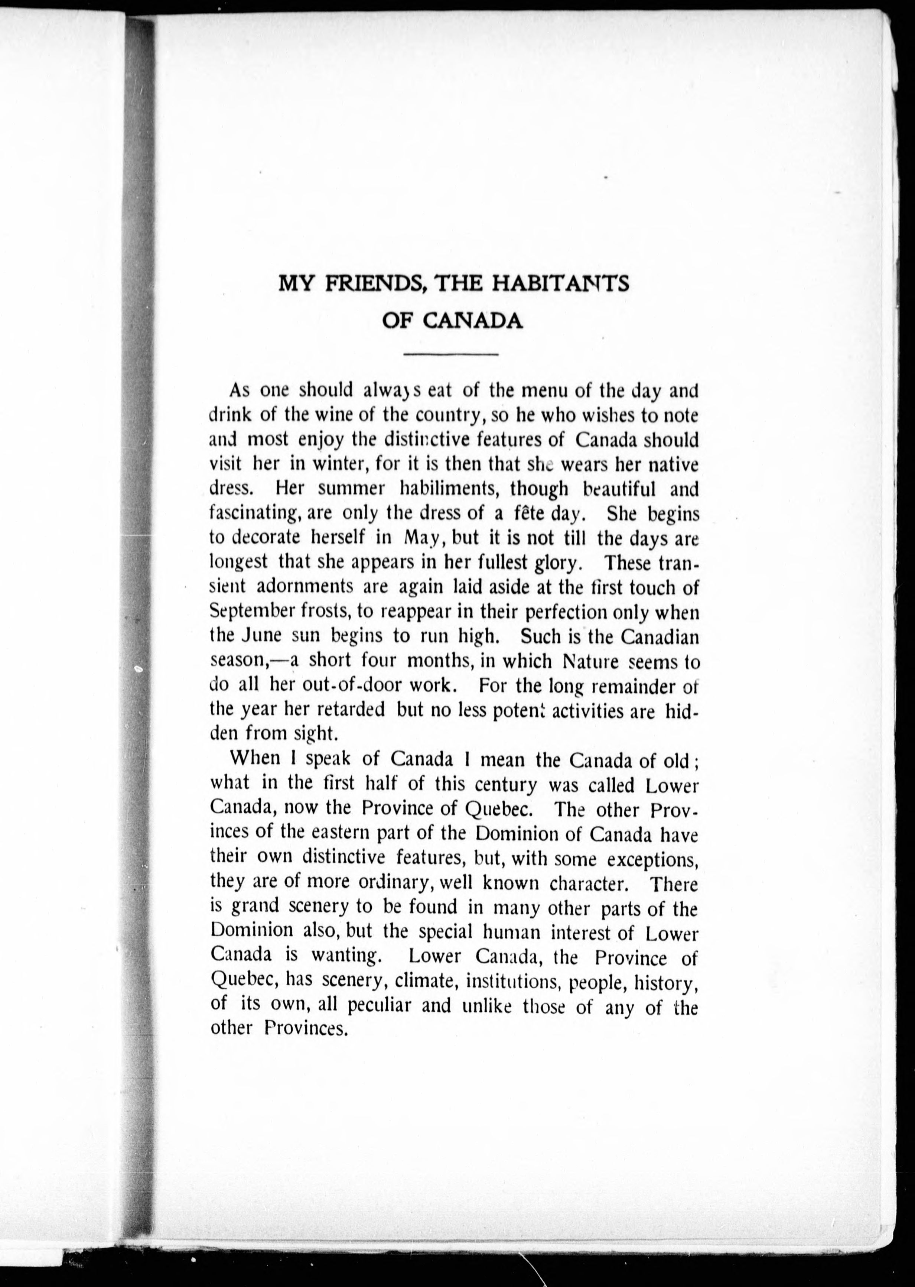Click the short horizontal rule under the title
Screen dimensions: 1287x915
click(x=451, y=354)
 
